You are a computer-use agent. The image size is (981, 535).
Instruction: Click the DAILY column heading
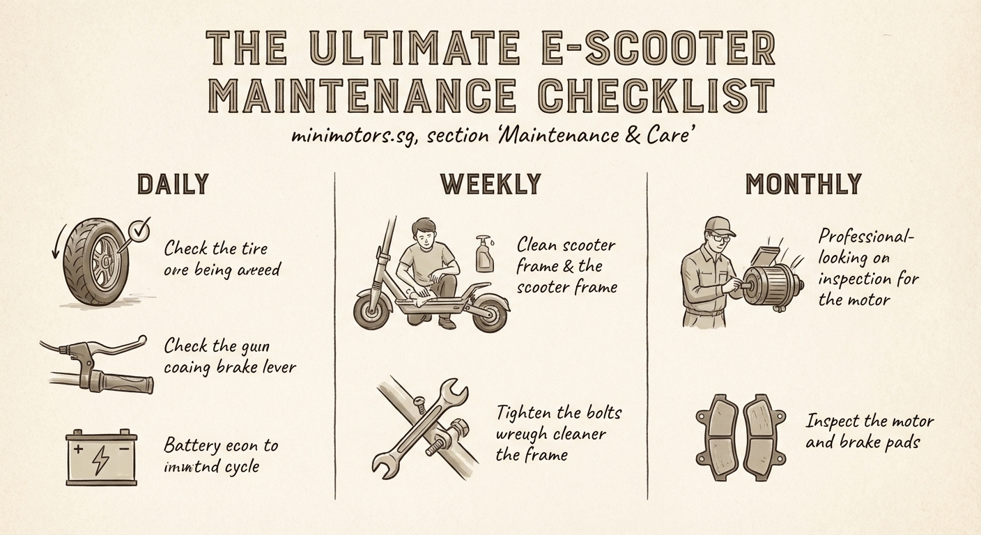point(173,185)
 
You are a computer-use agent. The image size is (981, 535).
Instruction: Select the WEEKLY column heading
point(490,185)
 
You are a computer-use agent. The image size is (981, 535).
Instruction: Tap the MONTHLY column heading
point(803,185)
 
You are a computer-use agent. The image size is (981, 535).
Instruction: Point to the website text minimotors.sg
point(353,136)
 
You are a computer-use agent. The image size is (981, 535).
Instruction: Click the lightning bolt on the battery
point(101,458)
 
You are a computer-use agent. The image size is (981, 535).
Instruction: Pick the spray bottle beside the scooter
point(485,254)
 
